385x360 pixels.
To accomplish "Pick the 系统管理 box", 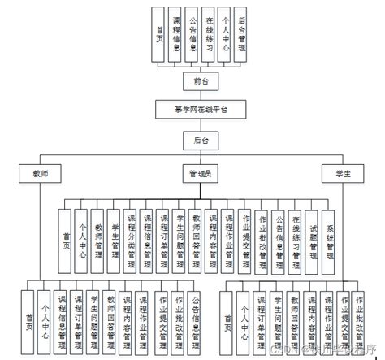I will pyautogui.click(x=329, y=237).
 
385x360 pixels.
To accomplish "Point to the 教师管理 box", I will pyautogui.click(x=98, y=237).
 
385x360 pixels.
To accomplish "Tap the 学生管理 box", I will pyautogui.click(x=115, y=237).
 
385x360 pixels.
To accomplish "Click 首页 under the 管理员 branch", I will pyautogui.click(x=65, y=237).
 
